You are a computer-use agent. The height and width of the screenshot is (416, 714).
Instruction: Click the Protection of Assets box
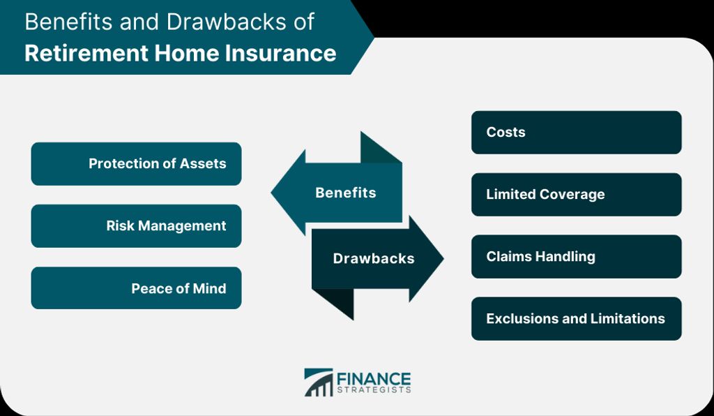136,163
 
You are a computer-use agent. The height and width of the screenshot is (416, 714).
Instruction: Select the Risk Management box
136,226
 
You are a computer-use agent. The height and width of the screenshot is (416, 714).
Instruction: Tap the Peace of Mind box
136,288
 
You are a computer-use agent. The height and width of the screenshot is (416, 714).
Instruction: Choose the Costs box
577,132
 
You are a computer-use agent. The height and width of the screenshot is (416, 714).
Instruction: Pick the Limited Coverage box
577,195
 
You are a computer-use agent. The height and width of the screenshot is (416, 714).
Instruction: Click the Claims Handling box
577,257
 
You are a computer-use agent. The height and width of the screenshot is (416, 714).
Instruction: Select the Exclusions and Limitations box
577,318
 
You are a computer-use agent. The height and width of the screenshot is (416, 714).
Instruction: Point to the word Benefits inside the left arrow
346,193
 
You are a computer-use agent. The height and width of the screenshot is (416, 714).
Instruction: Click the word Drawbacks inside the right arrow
374,258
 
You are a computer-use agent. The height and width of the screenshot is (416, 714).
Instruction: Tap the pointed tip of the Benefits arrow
271,192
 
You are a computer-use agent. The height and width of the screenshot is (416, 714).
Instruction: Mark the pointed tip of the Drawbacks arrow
443,258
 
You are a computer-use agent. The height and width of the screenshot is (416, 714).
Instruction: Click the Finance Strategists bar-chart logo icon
318,382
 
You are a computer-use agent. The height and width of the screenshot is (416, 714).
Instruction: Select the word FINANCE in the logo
374,378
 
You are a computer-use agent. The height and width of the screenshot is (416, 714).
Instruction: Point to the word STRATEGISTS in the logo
374,390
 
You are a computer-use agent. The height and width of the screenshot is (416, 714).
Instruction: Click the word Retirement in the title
86,53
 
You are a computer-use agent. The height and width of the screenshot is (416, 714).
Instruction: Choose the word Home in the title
186,53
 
